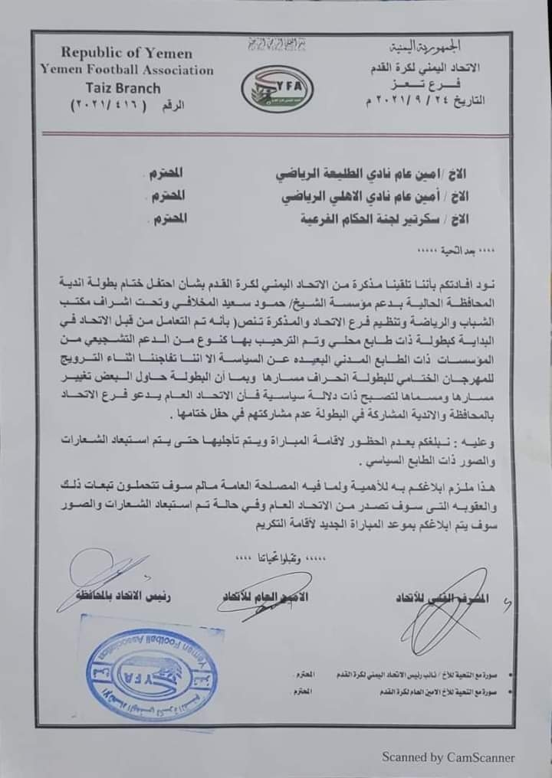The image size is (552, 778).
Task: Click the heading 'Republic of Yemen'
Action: pyautogui.click(x=126, y=53)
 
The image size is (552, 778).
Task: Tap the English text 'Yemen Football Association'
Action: pyautogui.click(x=127, y=70)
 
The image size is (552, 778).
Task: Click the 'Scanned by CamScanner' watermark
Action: pyautogui.click(x=449, y=757)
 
